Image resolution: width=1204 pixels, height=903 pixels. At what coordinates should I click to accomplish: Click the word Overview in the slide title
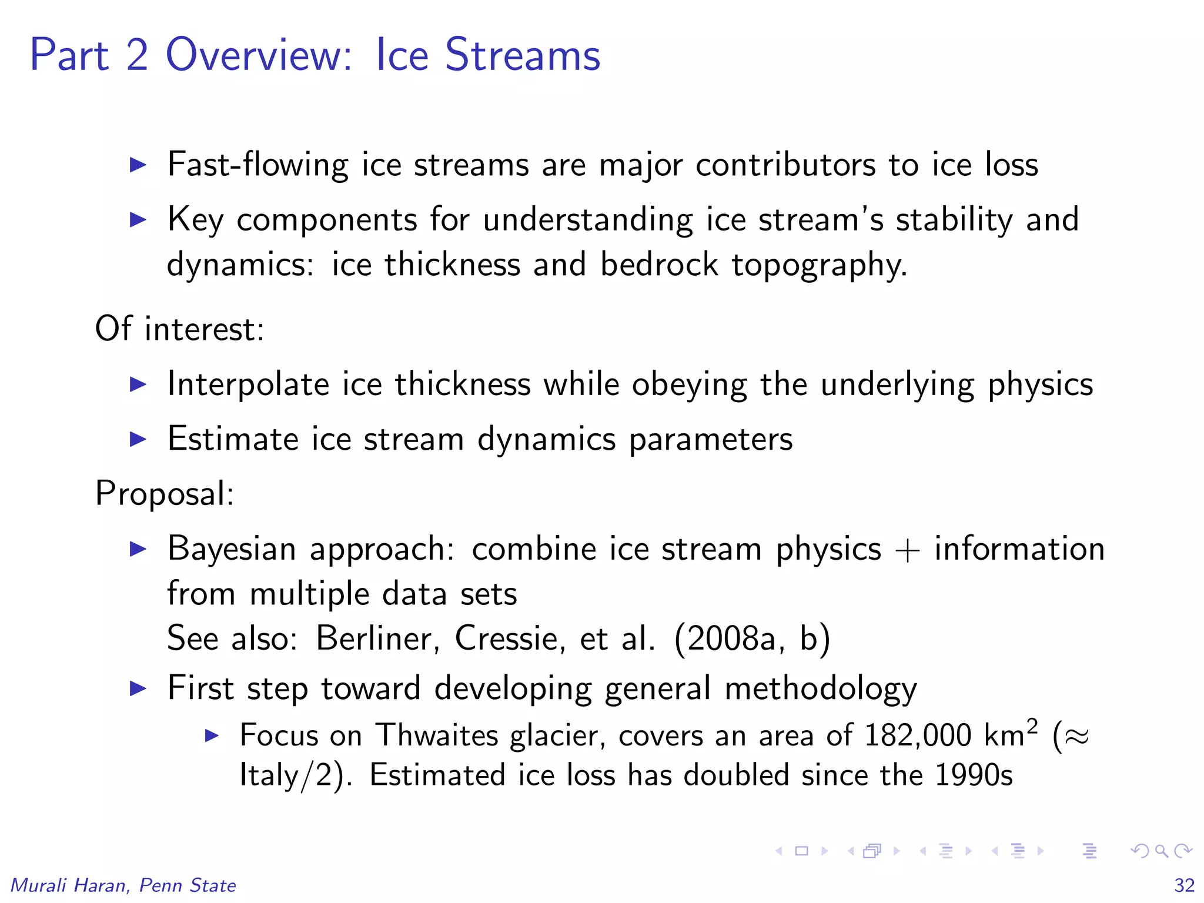click(259, 55)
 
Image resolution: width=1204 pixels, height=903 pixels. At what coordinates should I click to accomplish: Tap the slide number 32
click(1184, 885)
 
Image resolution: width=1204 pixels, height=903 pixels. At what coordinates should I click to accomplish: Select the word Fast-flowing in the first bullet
click(257, 165)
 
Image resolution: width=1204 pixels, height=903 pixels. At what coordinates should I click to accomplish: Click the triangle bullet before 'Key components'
click(138, 220)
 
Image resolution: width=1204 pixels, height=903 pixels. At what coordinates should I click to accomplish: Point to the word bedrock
click(658, 265)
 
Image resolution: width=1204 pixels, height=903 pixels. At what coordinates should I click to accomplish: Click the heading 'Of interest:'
click(179, 329)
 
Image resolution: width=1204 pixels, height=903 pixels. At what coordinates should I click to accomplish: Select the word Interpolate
click(248, 384)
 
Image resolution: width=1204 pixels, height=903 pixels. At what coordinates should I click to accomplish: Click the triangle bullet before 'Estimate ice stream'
click(138, 439)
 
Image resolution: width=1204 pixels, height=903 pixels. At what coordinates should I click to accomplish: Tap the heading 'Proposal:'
click(165, 494)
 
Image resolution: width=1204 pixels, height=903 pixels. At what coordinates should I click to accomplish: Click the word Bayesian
click(232, 549)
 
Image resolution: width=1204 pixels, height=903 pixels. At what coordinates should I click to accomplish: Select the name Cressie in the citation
click(509, 638)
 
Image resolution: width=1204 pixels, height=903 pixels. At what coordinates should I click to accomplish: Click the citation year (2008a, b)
click(752, 638)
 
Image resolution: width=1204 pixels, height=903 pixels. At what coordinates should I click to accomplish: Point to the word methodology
click(820, 689)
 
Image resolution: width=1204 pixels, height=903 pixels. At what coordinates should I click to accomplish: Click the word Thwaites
click(437, 735)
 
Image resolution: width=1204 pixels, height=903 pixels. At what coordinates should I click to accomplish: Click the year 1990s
click(973, 775)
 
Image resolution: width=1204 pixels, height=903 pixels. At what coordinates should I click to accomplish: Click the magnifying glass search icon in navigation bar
click(1161, 851)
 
